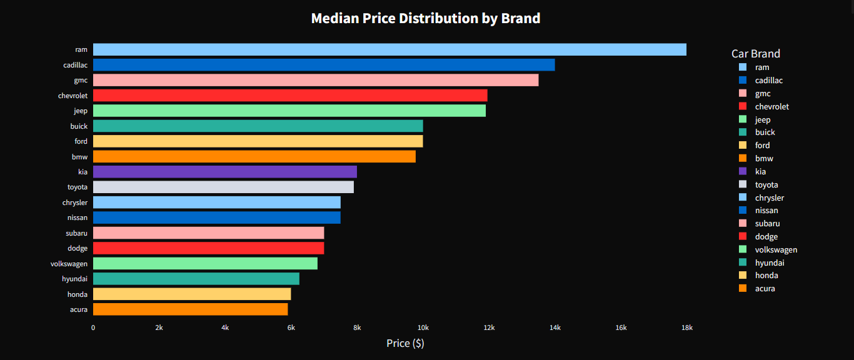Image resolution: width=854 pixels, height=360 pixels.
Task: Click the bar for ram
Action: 389,49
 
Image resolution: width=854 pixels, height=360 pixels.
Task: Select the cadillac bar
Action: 324,65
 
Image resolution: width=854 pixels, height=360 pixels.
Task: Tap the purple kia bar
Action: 225,172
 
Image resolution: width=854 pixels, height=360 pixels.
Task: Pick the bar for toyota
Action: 223,187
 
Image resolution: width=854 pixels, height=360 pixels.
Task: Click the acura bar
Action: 190,309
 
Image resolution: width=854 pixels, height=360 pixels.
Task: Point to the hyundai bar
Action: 196,279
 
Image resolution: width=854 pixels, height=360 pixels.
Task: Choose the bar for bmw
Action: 254,156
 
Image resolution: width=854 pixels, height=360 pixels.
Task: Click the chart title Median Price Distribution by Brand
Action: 426,18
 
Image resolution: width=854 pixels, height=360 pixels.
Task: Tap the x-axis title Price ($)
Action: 405,343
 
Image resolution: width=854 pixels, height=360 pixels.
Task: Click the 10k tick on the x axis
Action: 423,327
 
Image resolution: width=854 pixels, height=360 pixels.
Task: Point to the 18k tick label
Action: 687,327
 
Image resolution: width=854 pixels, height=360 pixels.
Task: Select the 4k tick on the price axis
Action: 225,327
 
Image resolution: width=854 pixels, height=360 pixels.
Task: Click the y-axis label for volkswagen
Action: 69,264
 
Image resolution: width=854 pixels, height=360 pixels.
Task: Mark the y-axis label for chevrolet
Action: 73,96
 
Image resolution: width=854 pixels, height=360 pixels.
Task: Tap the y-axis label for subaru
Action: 77,233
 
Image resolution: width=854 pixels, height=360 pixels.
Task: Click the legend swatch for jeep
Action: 743,119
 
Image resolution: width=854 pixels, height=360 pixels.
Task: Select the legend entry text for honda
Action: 766,276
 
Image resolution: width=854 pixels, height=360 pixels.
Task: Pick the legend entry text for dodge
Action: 766,237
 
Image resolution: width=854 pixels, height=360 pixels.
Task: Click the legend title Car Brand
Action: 756,54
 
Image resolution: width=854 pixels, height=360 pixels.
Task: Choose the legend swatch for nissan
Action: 743,211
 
